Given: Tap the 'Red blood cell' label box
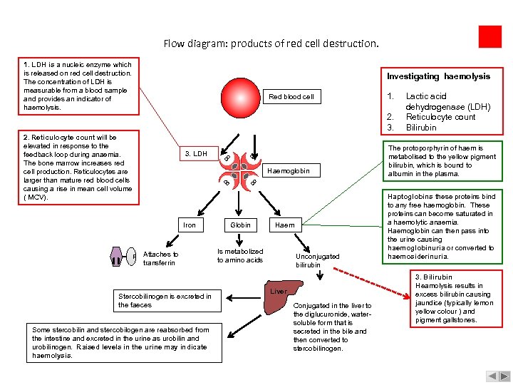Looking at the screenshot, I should (291, 96).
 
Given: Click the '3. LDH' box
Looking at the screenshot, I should (196, 153).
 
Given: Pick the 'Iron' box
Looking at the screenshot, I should (190, 225).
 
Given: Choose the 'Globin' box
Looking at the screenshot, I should (239, 225).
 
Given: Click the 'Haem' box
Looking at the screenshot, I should (285, 225).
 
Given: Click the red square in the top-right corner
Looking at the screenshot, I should (490, 36).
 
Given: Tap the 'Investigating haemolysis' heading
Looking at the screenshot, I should (438, 76).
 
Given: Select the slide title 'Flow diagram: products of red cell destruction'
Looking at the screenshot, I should (271, 43).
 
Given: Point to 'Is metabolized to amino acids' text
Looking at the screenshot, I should (240, 255).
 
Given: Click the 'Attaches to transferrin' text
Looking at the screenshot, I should (160, 258).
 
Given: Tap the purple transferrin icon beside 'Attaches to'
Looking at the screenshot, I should (118, 255).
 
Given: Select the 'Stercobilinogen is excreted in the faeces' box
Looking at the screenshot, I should (165, 300).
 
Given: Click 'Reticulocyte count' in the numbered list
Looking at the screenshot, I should (440, 117).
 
